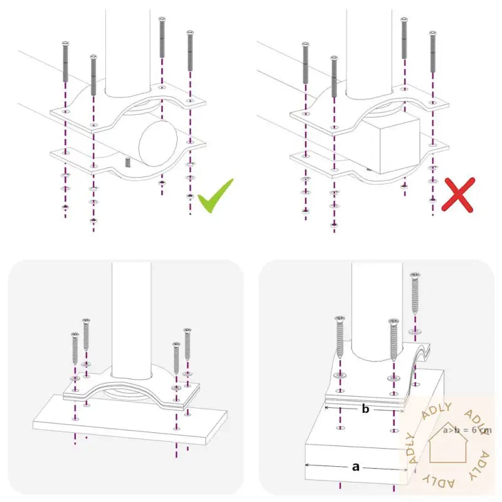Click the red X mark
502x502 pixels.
(457, 194)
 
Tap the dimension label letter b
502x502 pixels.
(365, 409)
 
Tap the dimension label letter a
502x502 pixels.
(356, 466)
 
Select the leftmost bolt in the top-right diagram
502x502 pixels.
(305, 63)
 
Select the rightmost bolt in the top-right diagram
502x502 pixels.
(432, 53)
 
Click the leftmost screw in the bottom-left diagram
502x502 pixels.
(75, 349)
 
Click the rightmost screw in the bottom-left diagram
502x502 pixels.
(187, 345)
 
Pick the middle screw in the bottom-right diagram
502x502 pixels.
(393, 339)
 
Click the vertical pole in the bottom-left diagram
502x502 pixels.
(132, 314)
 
